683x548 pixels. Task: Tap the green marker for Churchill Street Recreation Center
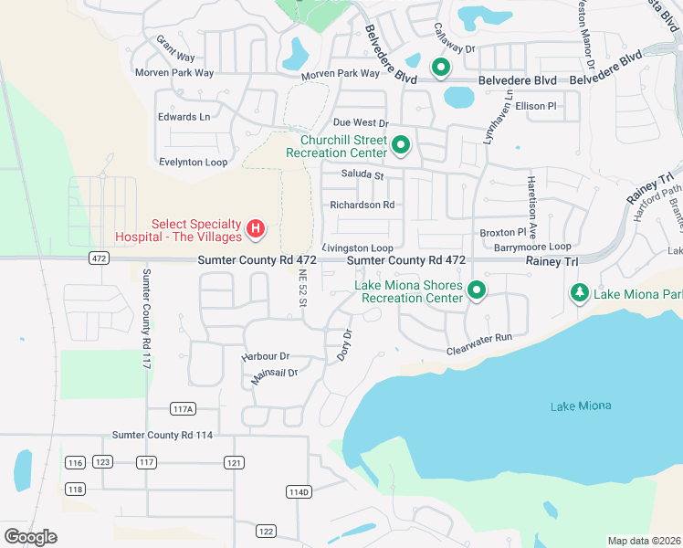(400, 144)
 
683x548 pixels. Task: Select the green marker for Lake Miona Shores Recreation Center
(476, 290)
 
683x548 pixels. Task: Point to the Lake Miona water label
(581, 406)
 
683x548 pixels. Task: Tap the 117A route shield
(184, 408)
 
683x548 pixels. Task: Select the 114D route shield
(299, 491)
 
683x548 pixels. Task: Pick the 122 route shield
(266, 531)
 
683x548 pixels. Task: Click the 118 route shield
(75, 490)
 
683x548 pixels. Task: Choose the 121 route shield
(235, 463)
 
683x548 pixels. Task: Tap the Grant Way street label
(174, 43)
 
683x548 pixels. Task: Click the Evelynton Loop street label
(193, 162)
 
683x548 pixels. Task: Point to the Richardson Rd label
(362, 205)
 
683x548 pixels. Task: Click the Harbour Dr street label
(265, 356)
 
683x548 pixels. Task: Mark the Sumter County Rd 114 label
(162, 436)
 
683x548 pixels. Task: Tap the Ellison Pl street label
(535, 107)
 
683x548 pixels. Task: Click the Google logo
(30, 537)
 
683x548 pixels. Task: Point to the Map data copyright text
(643, 541)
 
